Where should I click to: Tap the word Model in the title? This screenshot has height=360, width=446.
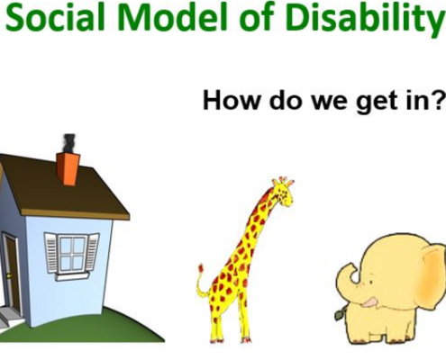174,18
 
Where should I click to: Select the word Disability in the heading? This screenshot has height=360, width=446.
364,21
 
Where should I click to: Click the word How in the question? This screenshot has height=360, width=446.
231,100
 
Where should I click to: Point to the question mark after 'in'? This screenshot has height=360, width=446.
439,100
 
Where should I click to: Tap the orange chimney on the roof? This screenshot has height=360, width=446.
68,168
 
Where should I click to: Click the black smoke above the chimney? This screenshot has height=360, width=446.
69,143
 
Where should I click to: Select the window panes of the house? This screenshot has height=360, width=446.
72,254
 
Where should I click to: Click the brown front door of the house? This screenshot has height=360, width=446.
11,273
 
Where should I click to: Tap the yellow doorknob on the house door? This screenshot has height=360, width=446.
9,275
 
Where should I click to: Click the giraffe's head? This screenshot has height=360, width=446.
283,192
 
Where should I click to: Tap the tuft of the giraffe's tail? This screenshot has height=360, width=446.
201,268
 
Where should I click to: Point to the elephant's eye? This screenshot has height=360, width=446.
371,282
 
